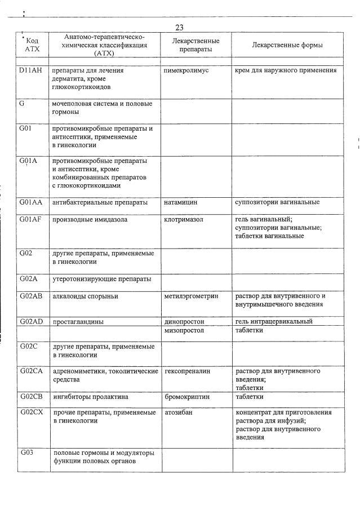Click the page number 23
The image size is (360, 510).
(x=179, y=28)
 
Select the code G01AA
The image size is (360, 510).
(x=31, y=202)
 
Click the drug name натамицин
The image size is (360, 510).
(x=181, y=202)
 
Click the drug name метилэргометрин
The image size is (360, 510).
(x=192, y=296)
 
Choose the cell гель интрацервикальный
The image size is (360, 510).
(x=274, y=322)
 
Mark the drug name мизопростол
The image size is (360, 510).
(x=184, y=331)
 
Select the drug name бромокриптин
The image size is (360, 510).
(x=187, y=397)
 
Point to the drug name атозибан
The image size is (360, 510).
(x=178, y=413)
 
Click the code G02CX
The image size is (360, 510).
(x=31, y=413)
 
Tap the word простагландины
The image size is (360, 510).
(x=78, y=322)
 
